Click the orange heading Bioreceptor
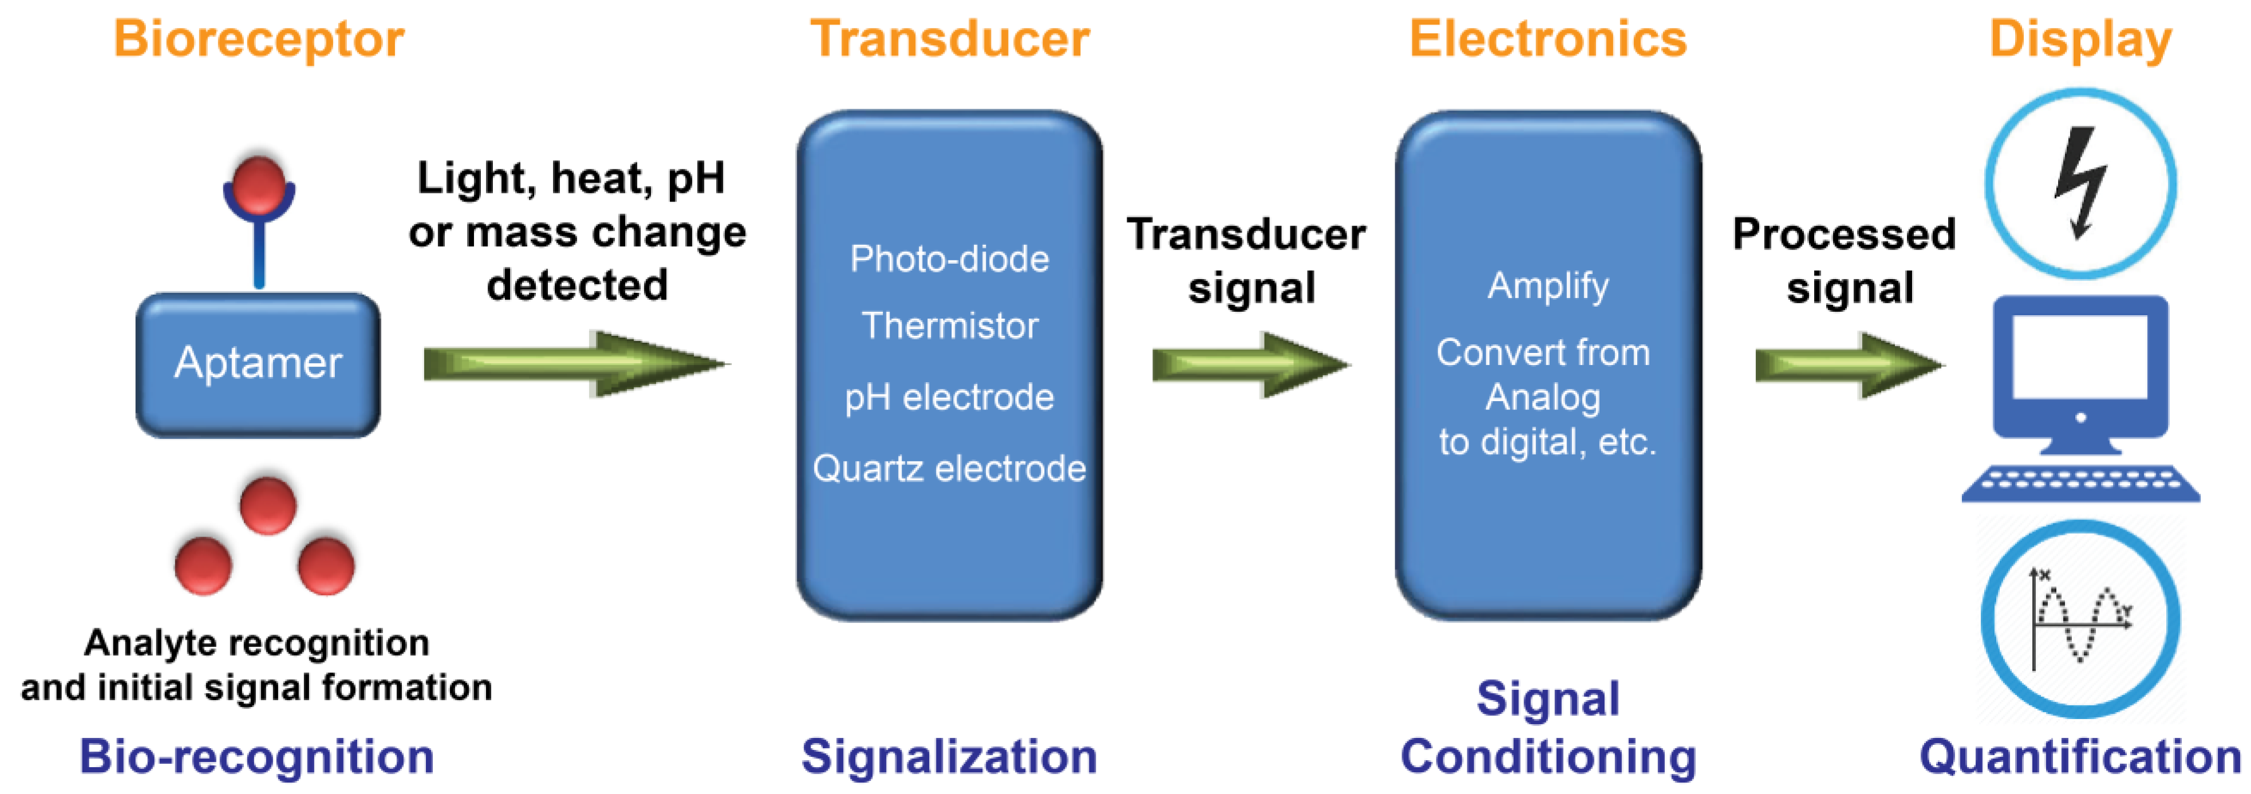coord(259,40)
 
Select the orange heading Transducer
coord(950,40)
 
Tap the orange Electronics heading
coord(1547,40)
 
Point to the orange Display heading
coord(2080,40)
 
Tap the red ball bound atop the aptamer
coord(259,184)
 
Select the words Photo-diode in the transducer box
coord(949,260)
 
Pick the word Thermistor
coord(950,326)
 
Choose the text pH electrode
coord(949,398)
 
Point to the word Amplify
coord(1547,285)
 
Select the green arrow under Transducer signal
coord(1250,364)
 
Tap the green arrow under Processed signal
coord(1848,365)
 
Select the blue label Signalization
coord(949,756)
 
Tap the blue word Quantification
coord(2080,756)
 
